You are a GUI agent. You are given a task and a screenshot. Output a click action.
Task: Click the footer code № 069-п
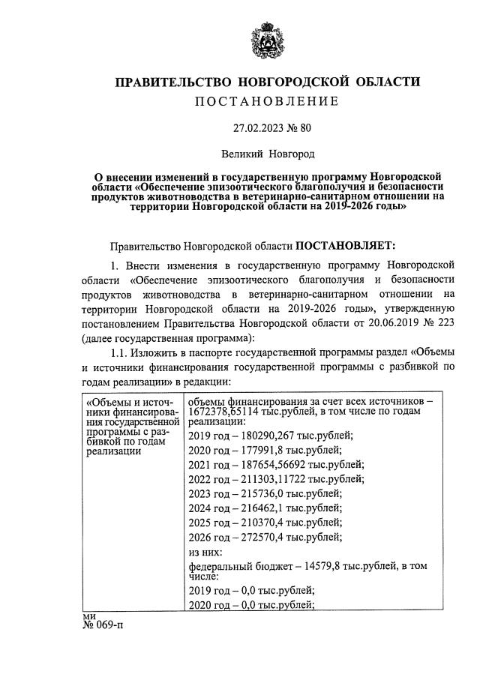[x=103, y=626]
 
